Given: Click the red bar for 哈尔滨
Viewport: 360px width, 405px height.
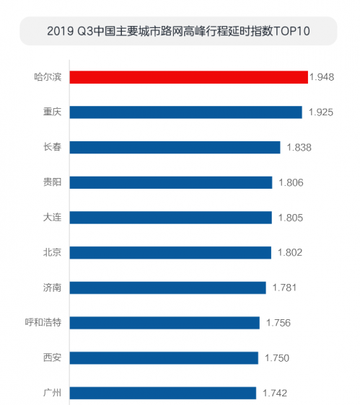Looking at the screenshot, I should (x=188, y=77).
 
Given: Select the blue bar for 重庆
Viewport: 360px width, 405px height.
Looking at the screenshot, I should (x=185, y=112).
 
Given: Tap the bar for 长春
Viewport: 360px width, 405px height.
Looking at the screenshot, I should (x=175, y=147).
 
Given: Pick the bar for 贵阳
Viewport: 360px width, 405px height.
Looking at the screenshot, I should (x=171, y=182).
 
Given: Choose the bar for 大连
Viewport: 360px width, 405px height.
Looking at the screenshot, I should (x=171, y=217).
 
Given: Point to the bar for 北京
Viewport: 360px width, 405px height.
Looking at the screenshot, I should (x=170, y=252).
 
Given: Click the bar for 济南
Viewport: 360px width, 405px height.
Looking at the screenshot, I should (x=167, y=288).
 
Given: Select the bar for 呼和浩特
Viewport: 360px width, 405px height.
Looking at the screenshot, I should (x=164, y=322).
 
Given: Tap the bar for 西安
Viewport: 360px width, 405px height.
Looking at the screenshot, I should (x=164, y=357).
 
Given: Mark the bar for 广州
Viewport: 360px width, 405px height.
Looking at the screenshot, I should (x=163, y=393).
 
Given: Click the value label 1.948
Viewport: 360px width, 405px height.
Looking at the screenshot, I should (x=323, y=77).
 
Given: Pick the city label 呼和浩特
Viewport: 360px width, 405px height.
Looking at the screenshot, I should (x=43, y=322).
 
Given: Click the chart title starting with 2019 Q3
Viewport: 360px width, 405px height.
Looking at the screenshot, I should (x=177, y=32).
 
